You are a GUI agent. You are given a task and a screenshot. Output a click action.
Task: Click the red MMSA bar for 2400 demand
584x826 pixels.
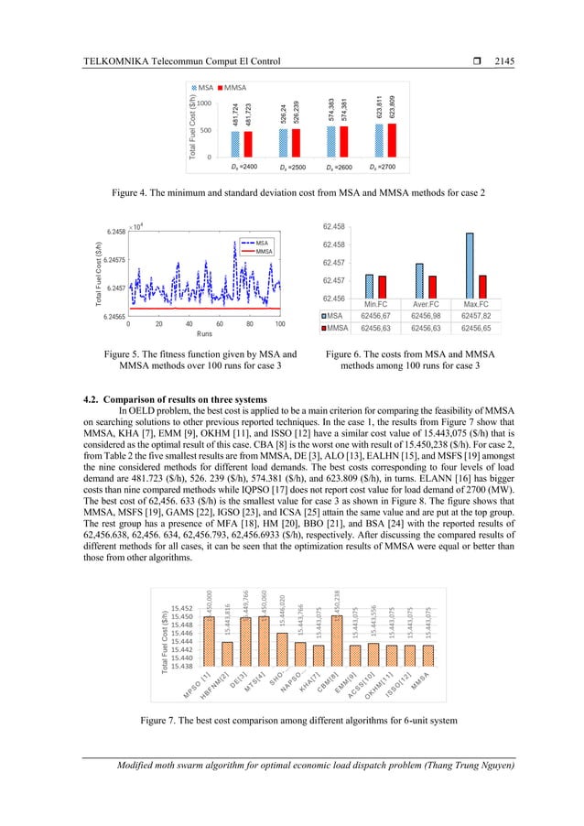coord(247,144)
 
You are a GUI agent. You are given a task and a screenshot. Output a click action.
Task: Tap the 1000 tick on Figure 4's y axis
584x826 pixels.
coord(206,103)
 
